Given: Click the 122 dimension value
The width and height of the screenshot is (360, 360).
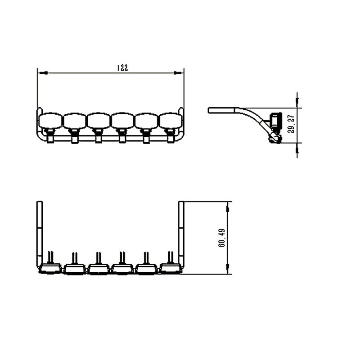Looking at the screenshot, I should [x=122, y=68].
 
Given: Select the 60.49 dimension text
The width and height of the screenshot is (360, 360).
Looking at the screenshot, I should [x=222, y=238].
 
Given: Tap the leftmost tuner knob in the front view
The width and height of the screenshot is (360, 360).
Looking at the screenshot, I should [x=50, y=120].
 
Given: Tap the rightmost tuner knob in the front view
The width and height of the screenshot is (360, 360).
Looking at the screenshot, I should [x=171, y=121].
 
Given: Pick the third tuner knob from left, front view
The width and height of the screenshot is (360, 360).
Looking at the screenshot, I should [x=99, y=121].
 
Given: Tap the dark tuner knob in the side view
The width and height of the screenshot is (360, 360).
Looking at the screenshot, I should [x=275, y=121].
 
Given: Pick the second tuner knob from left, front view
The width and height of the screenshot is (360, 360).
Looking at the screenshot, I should [x=75, y=121].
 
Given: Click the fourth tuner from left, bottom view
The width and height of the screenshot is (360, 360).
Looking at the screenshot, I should [x=122, y=269].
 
